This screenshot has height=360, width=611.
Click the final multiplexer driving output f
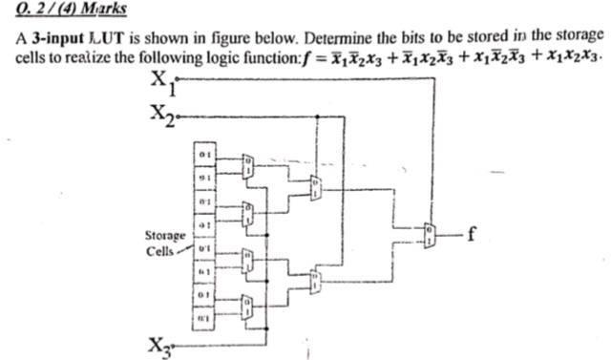click(x=434, y=229)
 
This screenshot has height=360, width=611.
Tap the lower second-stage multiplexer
click(x=316, y=282)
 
